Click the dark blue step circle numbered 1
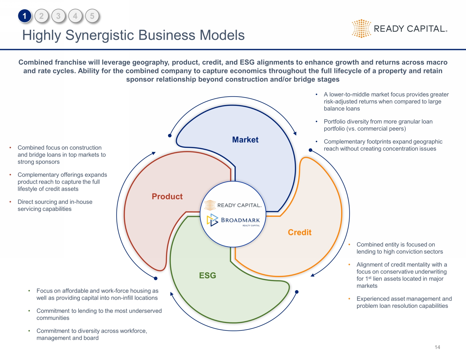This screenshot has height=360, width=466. tap(25, 16)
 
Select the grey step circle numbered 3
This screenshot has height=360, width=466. tap(58, 16)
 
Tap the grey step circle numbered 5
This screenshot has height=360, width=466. tap(92, 16)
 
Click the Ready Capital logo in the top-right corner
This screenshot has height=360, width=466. tap(400, 29)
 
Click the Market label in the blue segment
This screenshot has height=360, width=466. tap(245, 140)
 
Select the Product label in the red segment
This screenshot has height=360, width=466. tap(167, 197)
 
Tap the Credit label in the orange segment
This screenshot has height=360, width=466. tap(299, 232)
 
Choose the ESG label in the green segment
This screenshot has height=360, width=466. tap(208, 276)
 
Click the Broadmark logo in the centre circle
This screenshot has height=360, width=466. tap(233, 220)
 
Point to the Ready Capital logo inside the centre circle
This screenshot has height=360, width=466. tap(233, 205)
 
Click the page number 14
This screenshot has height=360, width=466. tap(437, 347)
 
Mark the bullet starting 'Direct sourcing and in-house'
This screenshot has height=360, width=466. tap(55, 205)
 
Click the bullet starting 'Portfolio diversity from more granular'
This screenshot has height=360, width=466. tap(378, 125)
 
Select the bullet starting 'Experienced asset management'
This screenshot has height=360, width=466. tap(404, 302)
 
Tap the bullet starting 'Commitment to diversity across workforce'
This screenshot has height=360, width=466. tap(92, 334)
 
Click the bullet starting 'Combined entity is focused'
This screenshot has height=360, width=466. tap(400, 248)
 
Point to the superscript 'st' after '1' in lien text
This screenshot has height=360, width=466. tap(370, 278)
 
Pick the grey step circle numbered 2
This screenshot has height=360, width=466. tap(41, 16)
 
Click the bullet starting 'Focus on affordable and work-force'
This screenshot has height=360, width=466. tap(97, 294)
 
